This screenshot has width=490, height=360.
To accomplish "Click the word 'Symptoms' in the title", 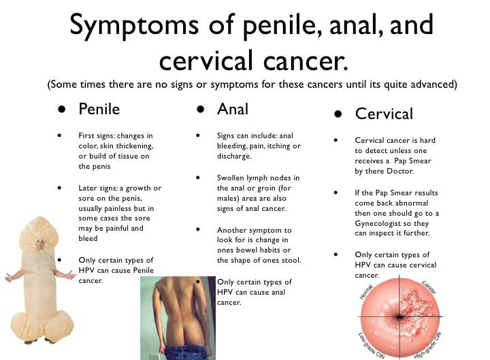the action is pos(134,26).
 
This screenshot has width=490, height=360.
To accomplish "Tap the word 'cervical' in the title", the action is pos(206,61).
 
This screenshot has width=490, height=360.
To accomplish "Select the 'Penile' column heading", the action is pos(99,109).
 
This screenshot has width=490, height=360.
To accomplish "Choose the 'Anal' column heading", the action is pos(233,109).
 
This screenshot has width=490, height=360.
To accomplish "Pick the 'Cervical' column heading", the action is pos(384,114).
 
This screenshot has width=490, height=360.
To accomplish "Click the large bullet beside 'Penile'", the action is pos(62,109).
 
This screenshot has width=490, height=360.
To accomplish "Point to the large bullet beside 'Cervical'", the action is pos(338,114).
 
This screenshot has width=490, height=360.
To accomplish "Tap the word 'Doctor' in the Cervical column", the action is pos(400,171).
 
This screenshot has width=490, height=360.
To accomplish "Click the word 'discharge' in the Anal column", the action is pos(234,156).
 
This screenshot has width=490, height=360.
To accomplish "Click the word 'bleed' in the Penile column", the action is pos(88,238).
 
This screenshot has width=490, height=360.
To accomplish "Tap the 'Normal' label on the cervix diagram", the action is pos(366,292).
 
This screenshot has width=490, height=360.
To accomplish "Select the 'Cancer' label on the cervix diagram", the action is pos(429,287).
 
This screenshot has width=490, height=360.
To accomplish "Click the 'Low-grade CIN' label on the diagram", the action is pos(372,345).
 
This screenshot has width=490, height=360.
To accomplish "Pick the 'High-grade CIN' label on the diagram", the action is pos(427,345).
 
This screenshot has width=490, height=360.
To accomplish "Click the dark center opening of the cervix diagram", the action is pos(399,317).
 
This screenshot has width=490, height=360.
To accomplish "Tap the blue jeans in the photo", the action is pos(184,353).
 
